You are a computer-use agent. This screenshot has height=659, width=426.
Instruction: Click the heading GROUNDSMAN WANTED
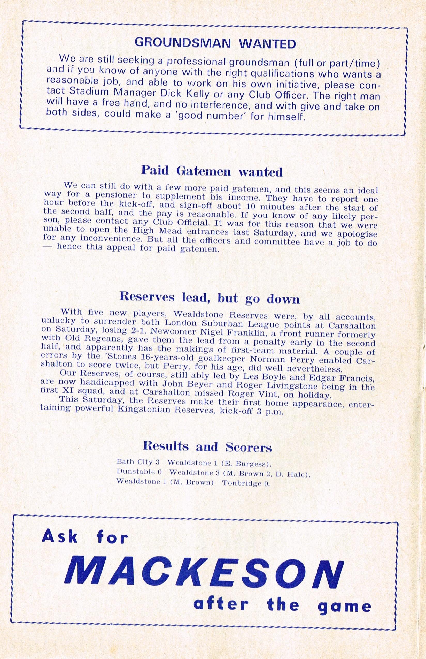click(215, 43)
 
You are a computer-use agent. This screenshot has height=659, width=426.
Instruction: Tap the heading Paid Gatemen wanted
click(212, 172)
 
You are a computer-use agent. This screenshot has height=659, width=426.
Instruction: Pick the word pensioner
click(112, 197)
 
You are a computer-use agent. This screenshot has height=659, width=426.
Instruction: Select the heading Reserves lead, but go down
click(210, 299)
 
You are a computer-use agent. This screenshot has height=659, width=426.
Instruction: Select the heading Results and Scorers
click(207, 446)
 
